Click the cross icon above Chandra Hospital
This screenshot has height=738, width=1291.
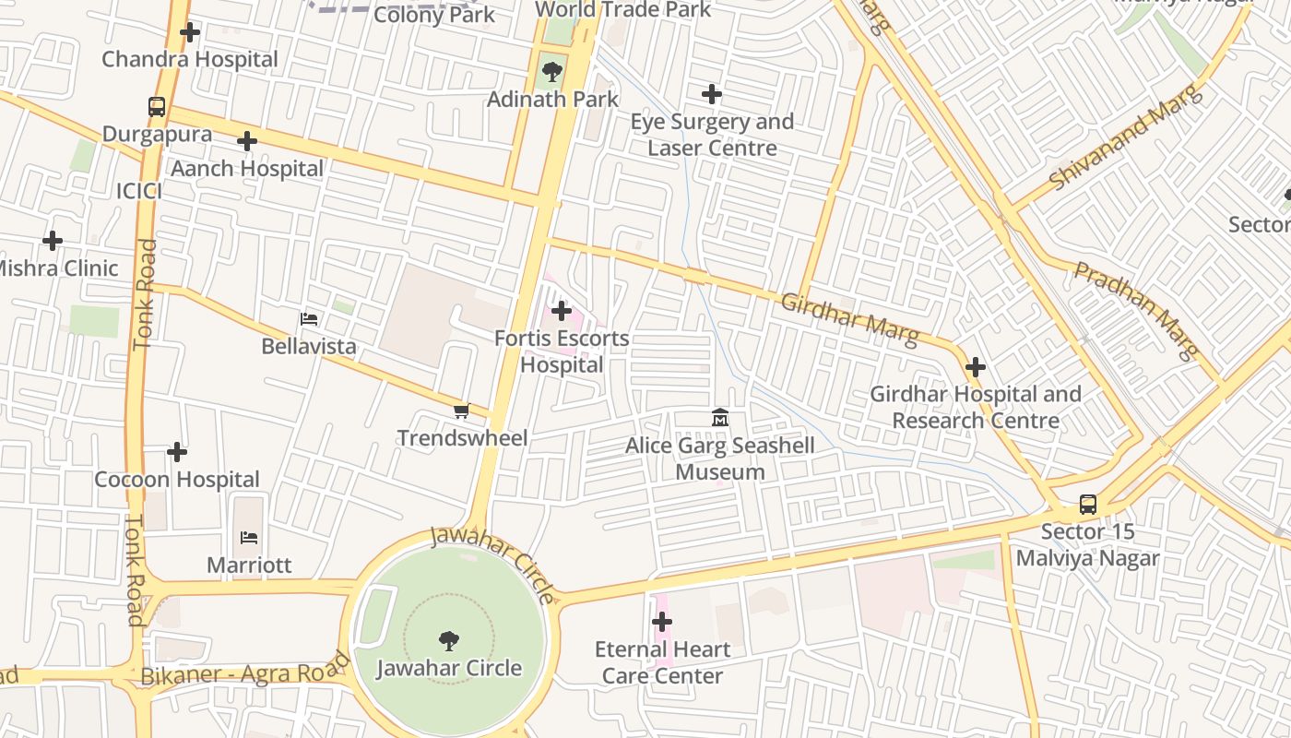pyautogui.click(x=190, y=32)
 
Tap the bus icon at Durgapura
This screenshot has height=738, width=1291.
pyautogui.click(x=157, y=107)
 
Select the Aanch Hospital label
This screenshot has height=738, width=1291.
pyautogui.click(x=247, y=169)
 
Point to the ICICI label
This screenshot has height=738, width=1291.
pyautogui.click(x=139, y=191)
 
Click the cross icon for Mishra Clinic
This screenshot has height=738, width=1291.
pyautogui.click(x=53, y=241)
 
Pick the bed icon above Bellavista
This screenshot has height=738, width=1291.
pyautogui.click(x=309, y=319)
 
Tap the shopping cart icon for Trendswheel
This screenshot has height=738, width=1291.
pyautogui.click(x=461, y=411)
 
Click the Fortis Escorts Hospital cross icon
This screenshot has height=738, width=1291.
pyautogui.click(x=561, y=311)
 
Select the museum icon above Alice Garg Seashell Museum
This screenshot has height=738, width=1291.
pyautogui.click(x=720, y=418)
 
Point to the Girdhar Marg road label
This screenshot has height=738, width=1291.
pyautogui.click(x=849, y=320)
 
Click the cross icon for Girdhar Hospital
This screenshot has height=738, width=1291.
pyautogui.click(x=975, y=367)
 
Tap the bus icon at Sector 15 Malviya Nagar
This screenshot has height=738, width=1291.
pyautogui.click(x=1088, y=505)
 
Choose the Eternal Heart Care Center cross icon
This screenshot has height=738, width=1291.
pyautogui.click(x=662, y=622)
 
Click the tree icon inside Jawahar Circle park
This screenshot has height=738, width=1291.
pyautogui.click(x=449, y=640)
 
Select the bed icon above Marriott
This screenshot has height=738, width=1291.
pyautogui.click(x=249, y=537)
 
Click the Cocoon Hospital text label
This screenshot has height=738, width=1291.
pyautogui.click(x=177, y=480)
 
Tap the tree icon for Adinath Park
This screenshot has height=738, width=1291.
pyautogui.click(x=552, y=71)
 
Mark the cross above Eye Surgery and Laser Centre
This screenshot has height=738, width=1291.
pyautogui.click(x=712, y=94)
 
